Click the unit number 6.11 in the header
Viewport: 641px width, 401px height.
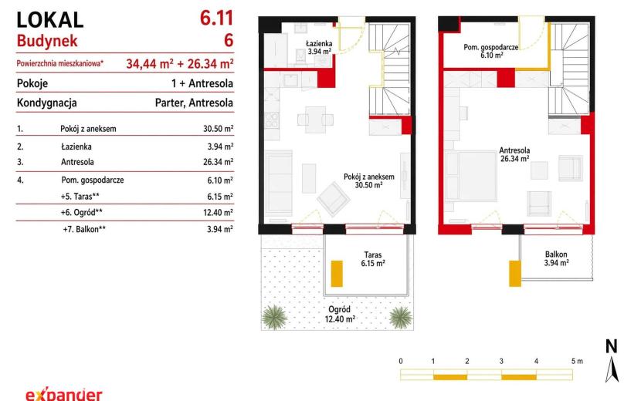216,19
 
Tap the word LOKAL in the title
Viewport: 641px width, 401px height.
50,20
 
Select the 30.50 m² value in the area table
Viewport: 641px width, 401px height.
219,129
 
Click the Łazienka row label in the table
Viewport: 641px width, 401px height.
76,147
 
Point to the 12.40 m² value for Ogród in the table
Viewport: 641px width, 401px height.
219,212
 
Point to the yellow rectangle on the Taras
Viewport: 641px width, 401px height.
337,274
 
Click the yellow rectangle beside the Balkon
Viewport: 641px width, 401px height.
515,273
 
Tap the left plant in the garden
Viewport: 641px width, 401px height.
274,317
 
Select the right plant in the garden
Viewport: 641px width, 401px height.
401,317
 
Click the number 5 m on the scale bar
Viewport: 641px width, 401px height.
577,361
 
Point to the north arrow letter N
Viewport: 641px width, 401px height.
611,346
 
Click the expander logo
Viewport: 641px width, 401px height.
64,394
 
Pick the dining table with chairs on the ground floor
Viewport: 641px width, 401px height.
315,120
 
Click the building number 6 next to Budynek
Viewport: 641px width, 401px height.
229,40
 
